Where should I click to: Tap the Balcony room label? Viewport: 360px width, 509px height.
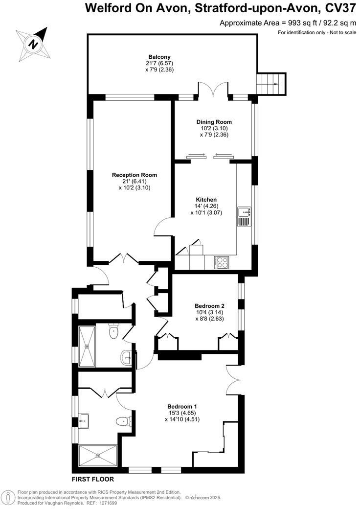click(x=159, y=57)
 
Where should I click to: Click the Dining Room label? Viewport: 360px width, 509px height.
click(x=214, y=122)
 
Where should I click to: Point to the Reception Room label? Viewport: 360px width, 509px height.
click(x=135, y=175)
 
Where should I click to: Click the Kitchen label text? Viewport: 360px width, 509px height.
click(x=206, y=200)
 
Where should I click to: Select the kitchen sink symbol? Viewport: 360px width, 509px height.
click(x=244, y=212)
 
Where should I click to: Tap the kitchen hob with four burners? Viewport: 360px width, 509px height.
click(x=221, y=262)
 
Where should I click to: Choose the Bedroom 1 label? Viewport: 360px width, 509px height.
click(x=182, y=406)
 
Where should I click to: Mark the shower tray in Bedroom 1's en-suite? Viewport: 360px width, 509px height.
click(x=98, y=455)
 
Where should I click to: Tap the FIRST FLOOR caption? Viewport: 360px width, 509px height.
click(x=93, y=479)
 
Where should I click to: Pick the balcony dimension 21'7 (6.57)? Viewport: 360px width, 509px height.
click(x=159, y=63)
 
